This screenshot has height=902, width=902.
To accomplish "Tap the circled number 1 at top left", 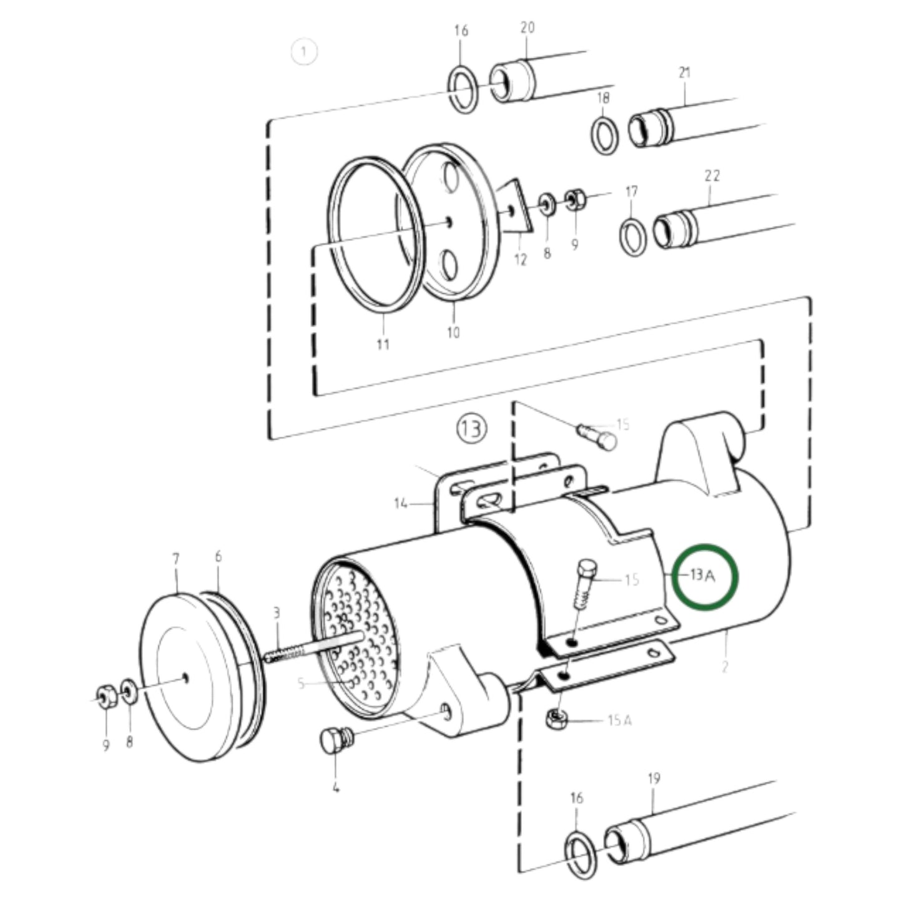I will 304,52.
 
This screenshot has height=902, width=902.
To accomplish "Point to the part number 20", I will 527,27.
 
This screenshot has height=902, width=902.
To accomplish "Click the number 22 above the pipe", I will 712,175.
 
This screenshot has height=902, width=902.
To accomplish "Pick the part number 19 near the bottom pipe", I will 654,778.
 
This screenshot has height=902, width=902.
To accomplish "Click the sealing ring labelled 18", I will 604,134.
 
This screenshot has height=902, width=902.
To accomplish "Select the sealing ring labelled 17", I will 632,237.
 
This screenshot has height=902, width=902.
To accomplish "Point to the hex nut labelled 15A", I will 555,718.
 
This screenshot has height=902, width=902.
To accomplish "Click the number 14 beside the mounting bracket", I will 401,503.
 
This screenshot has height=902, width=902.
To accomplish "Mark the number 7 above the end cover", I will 175,559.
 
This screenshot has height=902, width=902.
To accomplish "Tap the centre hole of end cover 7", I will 185,678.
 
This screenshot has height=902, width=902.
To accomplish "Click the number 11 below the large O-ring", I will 383,344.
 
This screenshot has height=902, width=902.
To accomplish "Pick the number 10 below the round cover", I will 453,333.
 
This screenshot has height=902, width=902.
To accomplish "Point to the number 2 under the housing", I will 724,667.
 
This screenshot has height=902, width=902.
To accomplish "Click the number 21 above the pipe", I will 685,72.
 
